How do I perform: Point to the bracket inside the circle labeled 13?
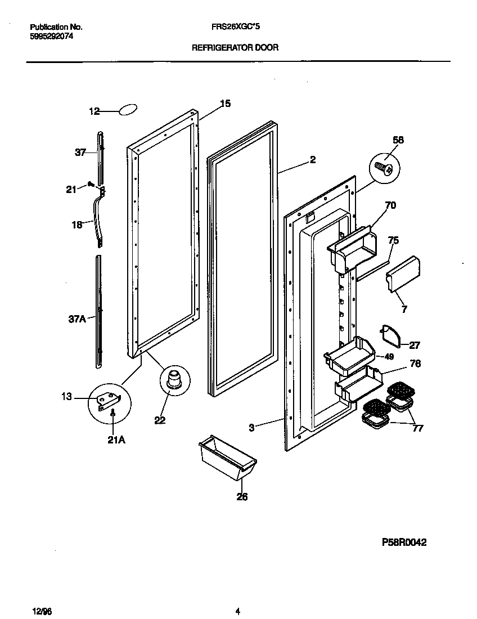110,401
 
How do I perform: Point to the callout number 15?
224,104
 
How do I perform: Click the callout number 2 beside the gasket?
312,160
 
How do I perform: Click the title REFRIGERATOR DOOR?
235,48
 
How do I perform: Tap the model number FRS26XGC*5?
236,26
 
